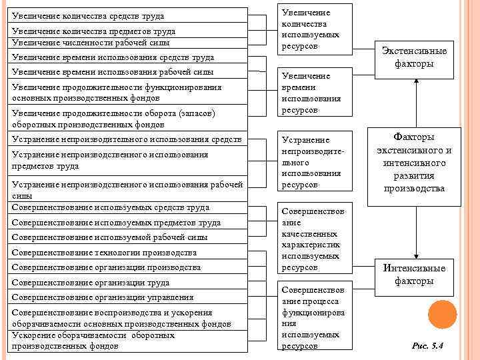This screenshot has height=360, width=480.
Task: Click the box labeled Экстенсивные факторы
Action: click(x=415, y=57)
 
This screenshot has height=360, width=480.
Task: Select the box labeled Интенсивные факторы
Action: click(x=415, y=274)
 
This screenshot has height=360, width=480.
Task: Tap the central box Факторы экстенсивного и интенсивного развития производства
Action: click(x=415, y=163)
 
